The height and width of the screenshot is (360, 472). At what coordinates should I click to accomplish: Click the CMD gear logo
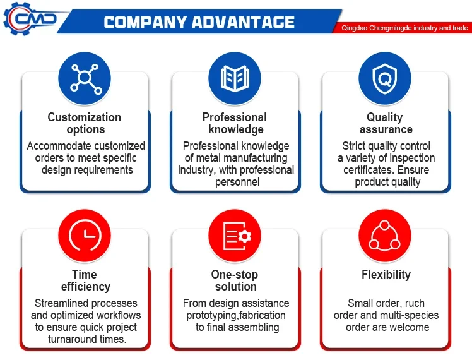pyautogui.click(x=30, y=19)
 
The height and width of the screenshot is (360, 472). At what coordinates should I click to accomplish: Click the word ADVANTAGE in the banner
pyautogui.click(x=243, y=22)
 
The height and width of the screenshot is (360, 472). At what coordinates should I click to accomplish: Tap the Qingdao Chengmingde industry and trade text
pyautogui.click(x=404, y=28)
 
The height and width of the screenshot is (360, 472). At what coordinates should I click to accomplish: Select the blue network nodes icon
pyautogui.click(x=85, y=78)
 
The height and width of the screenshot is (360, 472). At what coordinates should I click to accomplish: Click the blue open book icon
pyautogui.click(x=235, y=78)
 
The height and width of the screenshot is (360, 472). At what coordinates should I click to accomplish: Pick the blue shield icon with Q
pyautogui.click(x=385, y=78)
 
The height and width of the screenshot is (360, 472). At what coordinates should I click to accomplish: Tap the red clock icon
pyautogui.click(x=85, y=236)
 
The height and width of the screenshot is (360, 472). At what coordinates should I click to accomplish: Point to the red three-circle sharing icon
pyautogui.click(x=385, y=236)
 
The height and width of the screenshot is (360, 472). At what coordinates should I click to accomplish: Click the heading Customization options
pyautogui.click(x=85, y=123)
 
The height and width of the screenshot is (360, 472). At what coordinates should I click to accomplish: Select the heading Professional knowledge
pyautogui.click(x=235, y=123)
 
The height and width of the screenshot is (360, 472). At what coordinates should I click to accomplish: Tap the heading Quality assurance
pyautogui.click(x=386, y=123)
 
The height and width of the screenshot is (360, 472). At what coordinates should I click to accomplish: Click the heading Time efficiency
pyautogui.click(x=85, y=280)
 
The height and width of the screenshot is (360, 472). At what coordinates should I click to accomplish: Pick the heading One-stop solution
pyautogui.click(x=235, y=280)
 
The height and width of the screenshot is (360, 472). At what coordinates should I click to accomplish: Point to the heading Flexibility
pyautogui.click(x=386, y=275)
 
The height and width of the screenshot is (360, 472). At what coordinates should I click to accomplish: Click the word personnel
pyautogui.click(x=237, y=183)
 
